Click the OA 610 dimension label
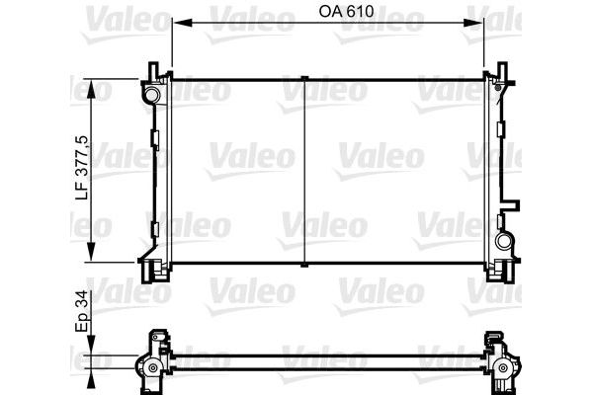pos(346,11)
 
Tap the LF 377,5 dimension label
pos(82,167)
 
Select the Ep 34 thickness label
pos(82,311)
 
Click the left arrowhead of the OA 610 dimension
pos(182,24)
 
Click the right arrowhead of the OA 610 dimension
pos(473,24)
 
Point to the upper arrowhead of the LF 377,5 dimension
pos(91,89)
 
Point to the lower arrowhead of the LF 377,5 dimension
pos(91,251)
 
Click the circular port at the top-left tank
pos(151,95)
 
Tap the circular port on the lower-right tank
pos(503,241)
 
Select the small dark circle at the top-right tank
pos(498,88)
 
